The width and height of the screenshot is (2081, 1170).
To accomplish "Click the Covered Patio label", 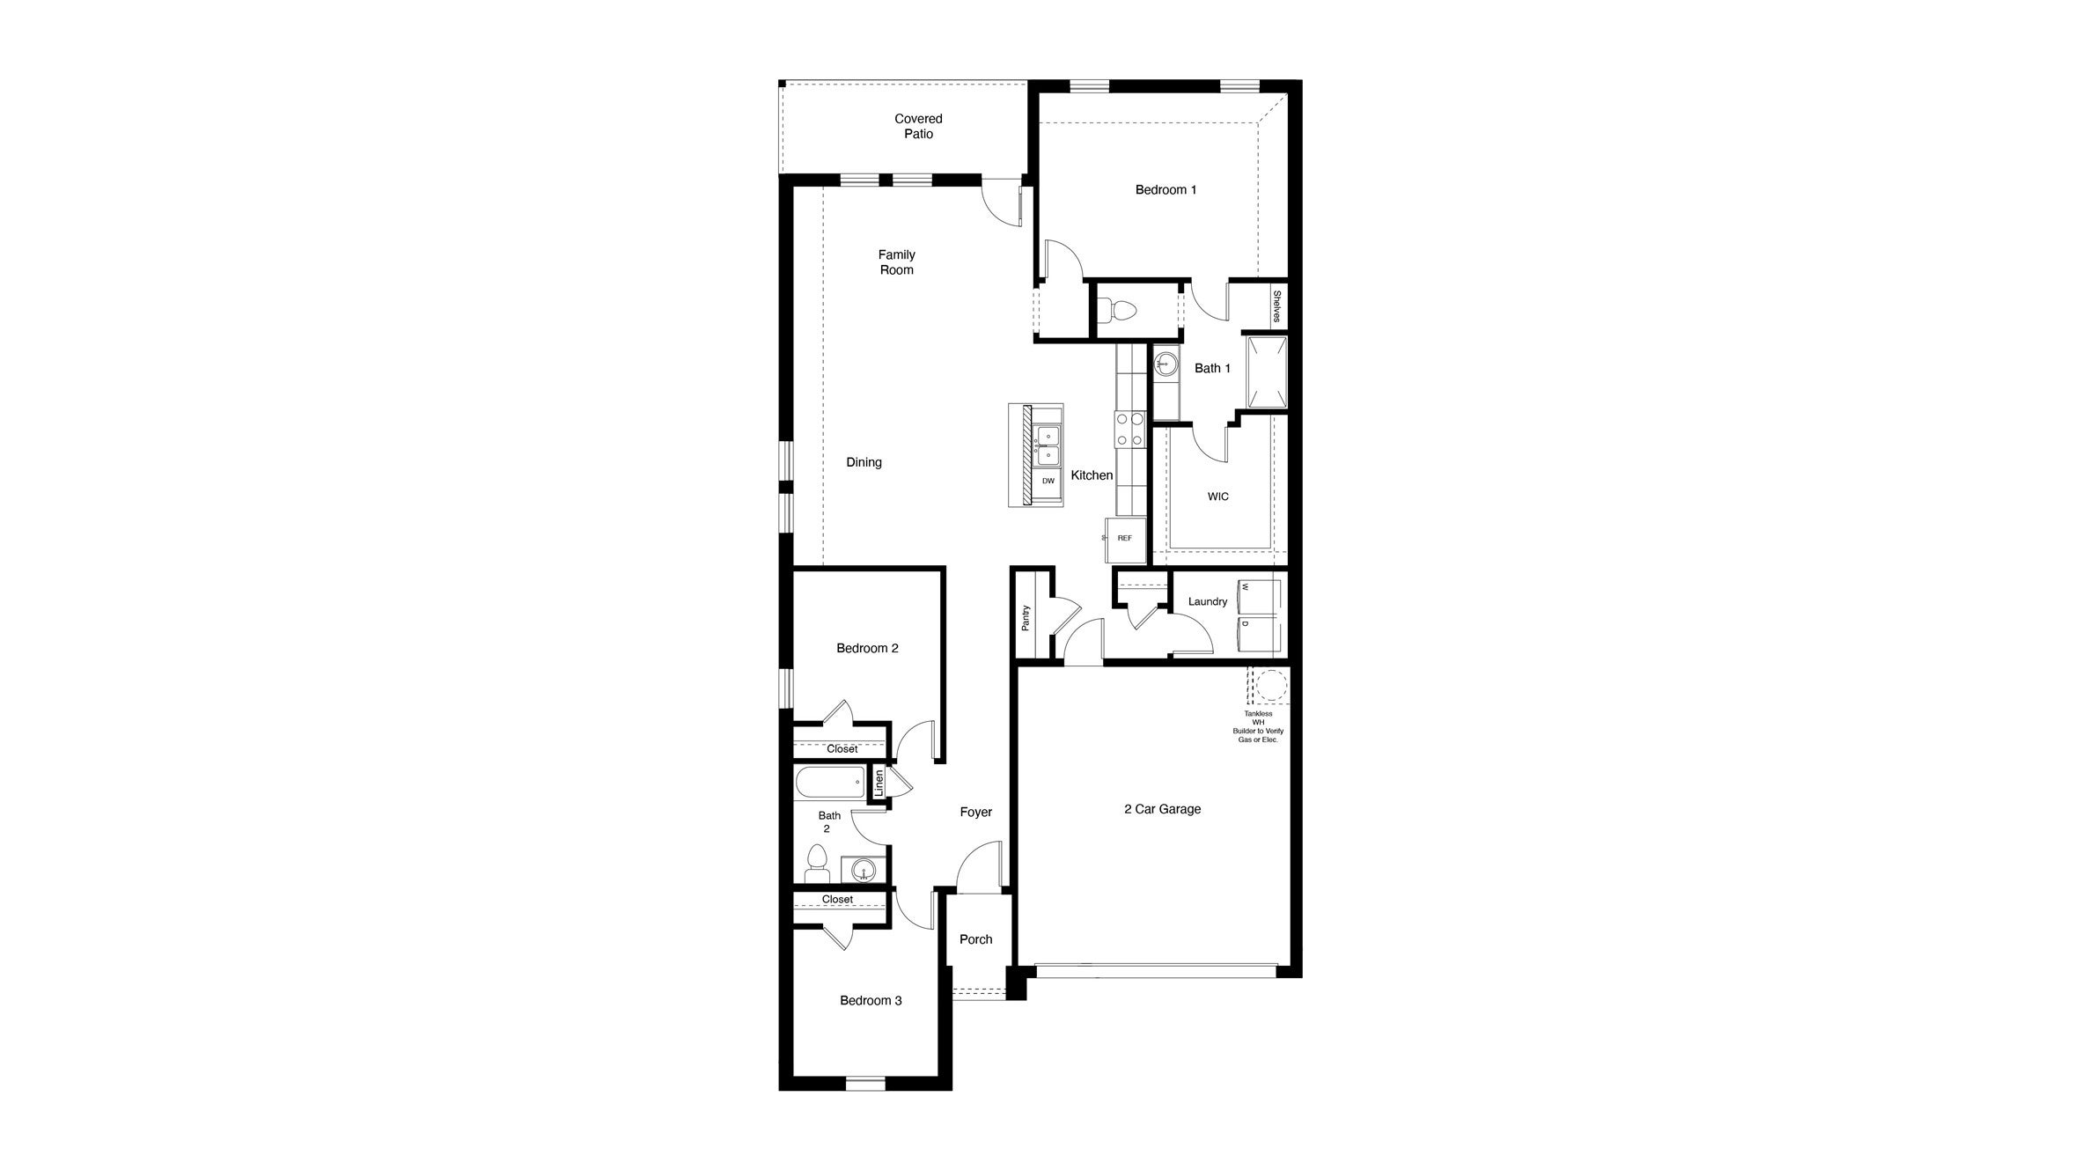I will (x=918, y=126).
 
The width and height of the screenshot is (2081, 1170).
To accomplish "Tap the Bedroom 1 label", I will (x=1166, y=189).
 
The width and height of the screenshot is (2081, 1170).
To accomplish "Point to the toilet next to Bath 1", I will (x=1121, y=310).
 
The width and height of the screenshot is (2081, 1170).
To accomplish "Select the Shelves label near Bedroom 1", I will (x=1276, y=306).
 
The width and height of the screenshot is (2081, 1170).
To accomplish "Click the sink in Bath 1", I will (x=1166, y=362).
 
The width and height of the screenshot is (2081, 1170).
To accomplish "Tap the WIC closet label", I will (x=1217, y=497).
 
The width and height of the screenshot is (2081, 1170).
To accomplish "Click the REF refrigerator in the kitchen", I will (x=1126, y=539).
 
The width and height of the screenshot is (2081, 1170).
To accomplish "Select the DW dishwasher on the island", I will (x=1048, y=481).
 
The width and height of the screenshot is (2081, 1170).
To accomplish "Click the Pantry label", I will (x=1026, y=617).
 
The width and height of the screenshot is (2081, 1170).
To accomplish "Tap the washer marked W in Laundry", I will (x=1259, y=596).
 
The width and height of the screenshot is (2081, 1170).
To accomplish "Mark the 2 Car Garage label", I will (x=1162, y=809).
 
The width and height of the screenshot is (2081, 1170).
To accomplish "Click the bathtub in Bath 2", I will (x=830, y=782).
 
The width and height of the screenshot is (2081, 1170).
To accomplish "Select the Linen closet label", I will (x=878, y=783).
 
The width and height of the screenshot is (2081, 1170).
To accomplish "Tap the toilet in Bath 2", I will (x=818, y=864).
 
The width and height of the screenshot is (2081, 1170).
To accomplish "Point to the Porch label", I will (x=975, y=939).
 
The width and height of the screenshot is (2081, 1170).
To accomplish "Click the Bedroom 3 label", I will (x=871, y=1000).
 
